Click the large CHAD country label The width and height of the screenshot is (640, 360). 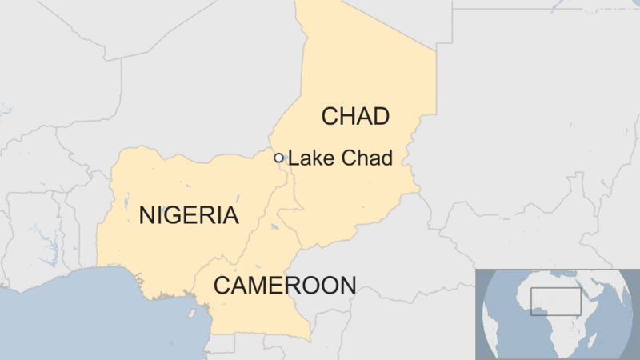click(355, 117)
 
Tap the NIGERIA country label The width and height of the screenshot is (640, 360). click(189, 215)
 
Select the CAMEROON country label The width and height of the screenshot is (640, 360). click(284, 285)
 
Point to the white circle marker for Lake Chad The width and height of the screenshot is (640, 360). click(278, 158)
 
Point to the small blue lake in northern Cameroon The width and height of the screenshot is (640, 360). click(274, 228)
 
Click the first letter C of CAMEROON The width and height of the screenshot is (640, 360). click(222, 285)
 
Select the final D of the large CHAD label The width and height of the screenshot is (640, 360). click(380, 117)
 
